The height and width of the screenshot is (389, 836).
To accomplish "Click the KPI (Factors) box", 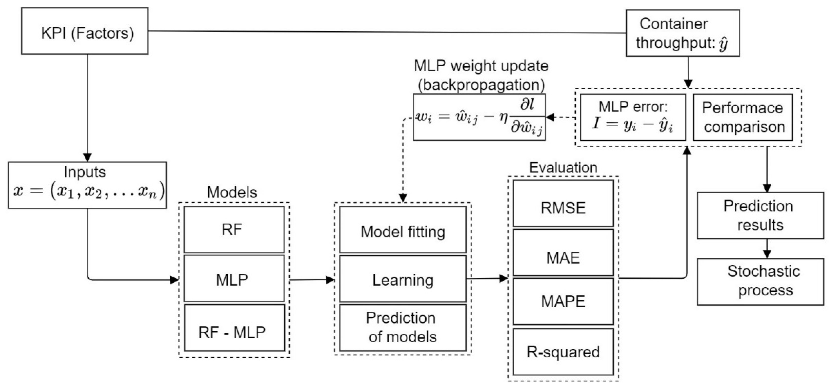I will coord(85,31).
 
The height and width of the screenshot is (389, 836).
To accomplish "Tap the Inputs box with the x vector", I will coord(87,185).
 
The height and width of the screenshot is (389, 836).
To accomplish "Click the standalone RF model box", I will coord(234,229).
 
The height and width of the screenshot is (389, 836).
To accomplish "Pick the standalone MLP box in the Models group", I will coord(234,279).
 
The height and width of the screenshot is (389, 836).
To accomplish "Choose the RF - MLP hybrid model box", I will coord(234,328).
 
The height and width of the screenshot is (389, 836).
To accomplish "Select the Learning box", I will coord(403,279).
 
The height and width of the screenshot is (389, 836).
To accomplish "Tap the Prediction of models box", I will coord(403,328).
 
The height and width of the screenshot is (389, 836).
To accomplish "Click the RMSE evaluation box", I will coord(563,204).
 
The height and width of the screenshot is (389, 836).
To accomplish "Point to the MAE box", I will coord(563,253).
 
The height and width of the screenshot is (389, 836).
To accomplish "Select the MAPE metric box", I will coord(563,301).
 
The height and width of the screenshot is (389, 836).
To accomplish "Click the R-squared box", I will coord(563,352).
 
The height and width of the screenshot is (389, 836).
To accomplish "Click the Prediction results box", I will coord(760,216).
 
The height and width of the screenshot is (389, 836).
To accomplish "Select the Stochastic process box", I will coord(760,282).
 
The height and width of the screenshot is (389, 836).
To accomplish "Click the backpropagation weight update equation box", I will coord(479,117).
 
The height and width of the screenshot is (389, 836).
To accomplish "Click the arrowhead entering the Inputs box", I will coord(87,158).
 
